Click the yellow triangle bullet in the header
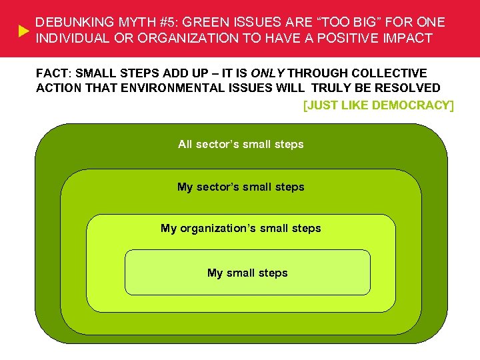[x=22, y=31]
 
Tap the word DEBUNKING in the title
[x=69, y=23]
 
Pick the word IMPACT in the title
[x=409, y=38]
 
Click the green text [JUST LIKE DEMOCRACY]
[x=378, y=105]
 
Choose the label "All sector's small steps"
[x=241, y=144]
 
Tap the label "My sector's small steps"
[x=241, y=187]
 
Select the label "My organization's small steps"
[x=241, y=229]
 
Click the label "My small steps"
[x=247, y=273]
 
